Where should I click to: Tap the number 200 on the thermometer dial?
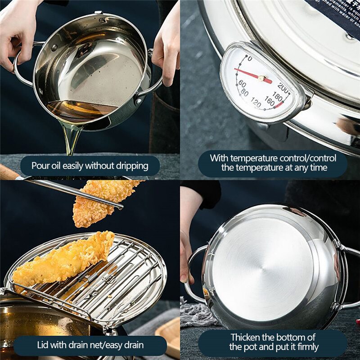pos(283,86)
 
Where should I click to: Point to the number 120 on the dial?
pos(256,104)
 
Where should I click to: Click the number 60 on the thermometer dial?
pos(242,84)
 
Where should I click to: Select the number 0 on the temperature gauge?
pos(250,58)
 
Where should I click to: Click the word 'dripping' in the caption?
pos(130,166)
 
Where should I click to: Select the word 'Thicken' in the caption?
pos(246,337)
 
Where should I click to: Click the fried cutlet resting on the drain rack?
pos(63,261)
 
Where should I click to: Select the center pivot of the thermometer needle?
pos(261,78)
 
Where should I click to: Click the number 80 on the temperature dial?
pos(244,92)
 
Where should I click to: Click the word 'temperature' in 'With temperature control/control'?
pos(254,158)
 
